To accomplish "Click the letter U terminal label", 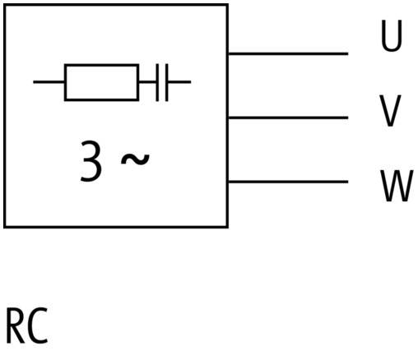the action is point(392,35).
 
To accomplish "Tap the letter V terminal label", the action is point(390,111).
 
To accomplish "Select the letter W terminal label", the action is point(397,186).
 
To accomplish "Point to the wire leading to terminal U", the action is point(288,53).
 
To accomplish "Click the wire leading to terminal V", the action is point(288,118).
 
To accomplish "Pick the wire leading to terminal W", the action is point(288,182).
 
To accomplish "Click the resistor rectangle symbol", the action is point(101,82).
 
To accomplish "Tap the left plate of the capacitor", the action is point(157,82).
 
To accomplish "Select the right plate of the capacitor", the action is point(167,82).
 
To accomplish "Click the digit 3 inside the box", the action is point(91,161).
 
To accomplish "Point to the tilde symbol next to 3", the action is point(135,159).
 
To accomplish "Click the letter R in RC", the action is point(15,326).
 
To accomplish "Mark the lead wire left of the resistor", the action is point(49,82).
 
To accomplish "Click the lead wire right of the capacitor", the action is point(179,82).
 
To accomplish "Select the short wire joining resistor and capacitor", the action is point(147,82).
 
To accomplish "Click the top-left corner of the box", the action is point(5,5).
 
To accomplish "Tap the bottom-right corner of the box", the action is point(227,227).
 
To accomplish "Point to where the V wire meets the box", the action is point(228,118).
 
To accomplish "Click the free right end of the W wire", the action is point(348,182).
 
